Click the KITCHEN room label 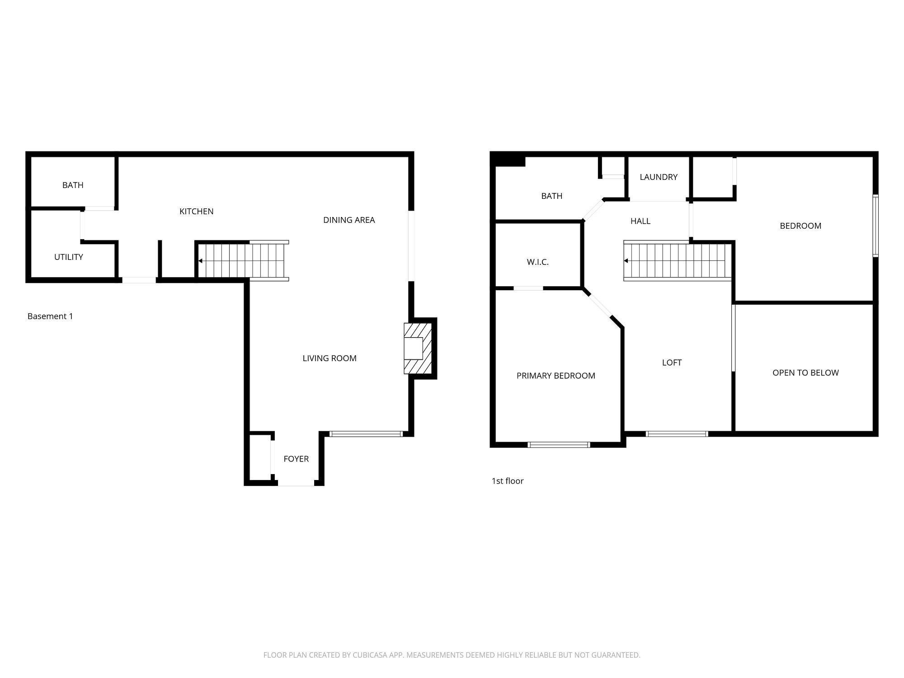[x=196, y=211]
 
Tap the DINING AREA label [x=348, y=220]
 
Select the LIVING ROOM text [x=329, y=358]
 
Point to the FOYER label [x=296, y=459]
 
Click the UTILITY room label [x=68, y=257]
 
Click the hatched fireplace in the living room [x=417, y=348]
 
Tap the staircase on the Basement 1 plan [x=243, y=261]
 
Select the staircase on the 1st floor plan [x=677, y=261]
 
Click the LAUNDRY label [x=658, y=177]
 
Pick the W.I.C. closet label [x=537, y=262]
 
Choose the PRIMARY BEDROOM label [x=556, y=376]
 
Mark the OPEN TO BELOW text [x=805, y=372]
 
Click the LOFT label [x=671, y=362]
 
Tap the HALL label [x=640, y=221]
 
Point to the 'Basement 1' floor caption [x=50, y=316]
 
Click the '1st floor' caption [x=507, y=481]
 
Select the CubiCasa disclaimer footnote [x=452, y=655]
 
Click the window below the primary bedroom [x=559, y=445]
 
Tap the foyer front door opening [x=296, y=484]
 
